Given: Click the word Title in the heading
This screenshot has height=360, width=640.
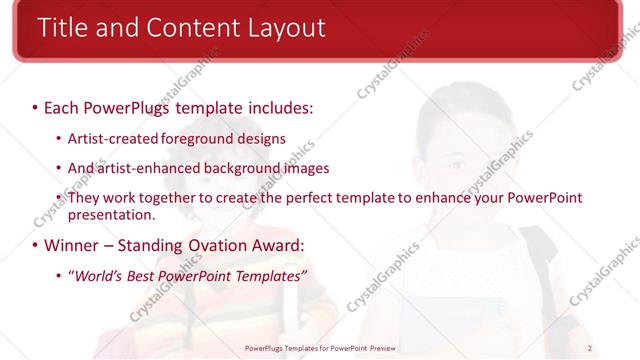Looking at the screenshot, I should (x=62, y=27).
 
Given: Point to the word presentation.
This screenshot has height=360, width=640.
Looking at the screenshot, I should (x=112, y=214).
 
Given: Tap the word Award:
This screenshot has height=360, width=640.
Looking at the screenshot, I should (x=280, y=245).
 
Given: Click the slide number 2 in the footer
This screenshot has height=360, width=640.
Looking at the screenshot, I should (x=590, y=348).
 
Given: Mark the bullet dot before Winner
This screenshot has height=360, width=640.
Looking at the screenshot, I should (x=35, y=245).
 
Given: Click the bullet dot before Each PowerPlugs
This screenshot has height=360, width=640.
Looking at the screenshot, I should (x=35, y=105).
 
